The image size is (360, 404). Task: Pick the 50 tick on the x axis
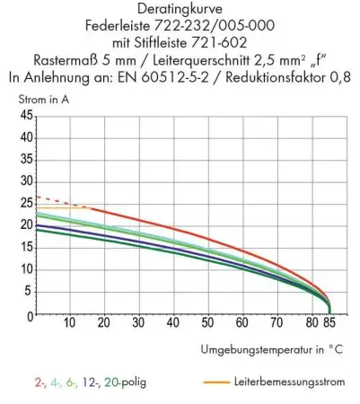click(207, 322)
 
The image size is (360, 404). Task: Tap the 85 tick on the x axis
click(329, 322)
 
